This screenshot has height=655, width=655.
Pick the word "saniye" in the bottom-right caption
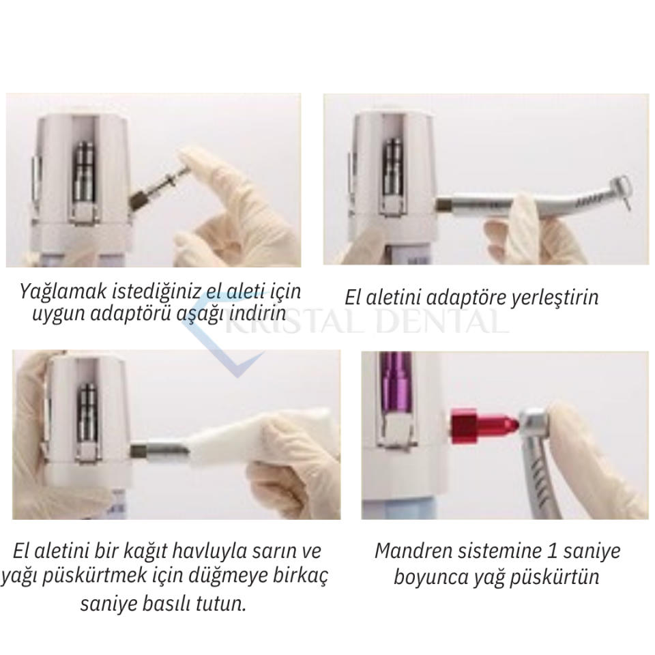(592, 552)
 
